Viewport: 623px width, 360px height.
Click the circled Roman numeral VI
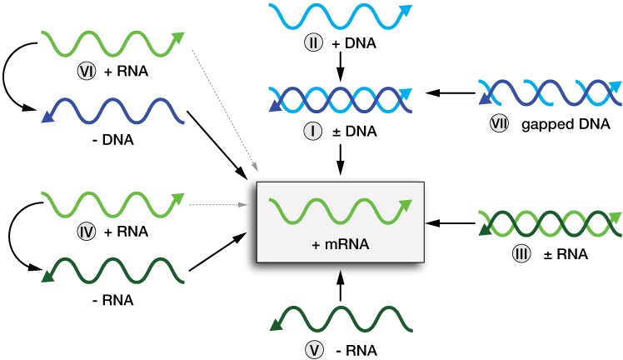click(86, 72)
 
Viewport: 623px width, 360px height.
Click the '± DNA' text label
click(351, 132)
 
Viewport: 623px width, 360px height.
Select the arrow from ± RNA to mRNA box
click(450, 222)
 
